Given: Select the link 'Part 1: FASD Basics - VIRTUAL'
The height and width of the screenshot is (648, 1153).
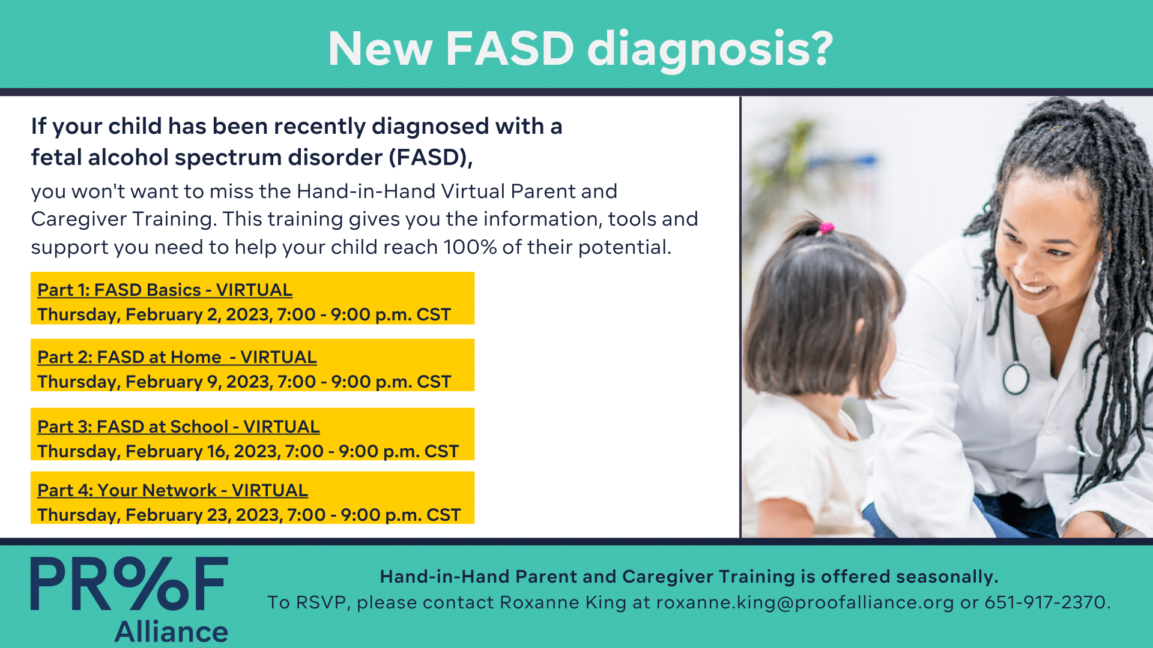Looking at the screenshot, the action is (x=165, y=290).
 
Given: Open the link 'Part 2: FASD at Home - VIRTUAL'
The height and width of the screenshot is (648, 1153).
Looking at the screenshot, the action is (x=177, y=357).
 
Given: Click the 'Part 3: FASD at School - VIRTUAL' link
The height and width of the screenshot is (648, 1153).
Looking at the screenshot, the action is (x=178, y=427).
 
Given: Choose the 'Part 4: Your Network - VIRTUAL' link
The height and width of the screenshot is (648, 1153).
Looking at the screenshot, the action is (x=172, y=490).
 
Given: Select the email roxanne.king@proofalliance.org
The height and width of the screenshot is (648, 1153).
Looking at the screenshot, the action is (x=805, y=602).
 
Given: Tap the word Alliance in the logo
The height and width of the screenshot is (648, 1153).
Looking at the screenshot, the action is (x=171, y=632).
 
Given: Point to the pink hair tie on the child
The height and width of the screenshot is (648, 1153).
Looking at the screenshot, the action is (x=826, y=227).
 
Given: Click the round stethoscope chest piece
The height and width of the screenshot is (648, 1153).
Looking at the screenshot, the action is (x=1015, y=379).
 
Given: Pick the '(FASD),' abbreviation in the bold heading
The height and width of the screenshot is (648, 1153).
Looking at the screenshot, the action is (x=431, y=158).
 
